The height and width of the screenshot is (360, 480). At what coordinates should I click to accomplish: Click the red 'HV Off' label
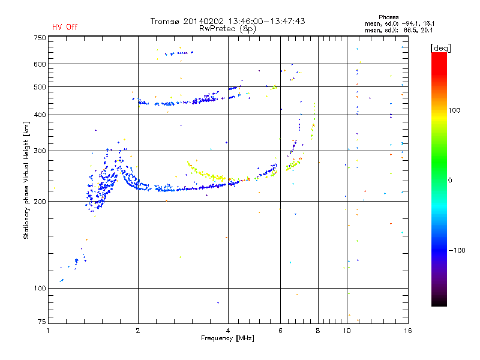coord(65,27)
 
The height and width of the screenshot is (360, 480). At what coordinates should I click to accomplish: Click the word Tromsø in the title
coord(166,21)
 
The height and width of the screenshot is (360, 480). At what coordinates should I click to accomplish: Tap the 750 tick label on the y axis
coord(40,38)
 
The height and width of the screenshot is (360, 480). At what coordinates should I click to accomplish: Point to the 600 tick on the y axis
coord(40,64)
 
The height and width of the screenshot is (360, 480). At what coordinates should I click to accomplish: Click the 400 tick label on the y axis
coord(40,115)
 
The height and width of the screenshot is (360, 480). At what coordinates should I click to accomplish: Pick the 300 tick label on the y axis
coord(40,151)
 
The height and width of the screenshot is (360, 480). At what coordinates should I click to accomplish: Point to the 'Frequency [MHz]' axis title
coord(227,338)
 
